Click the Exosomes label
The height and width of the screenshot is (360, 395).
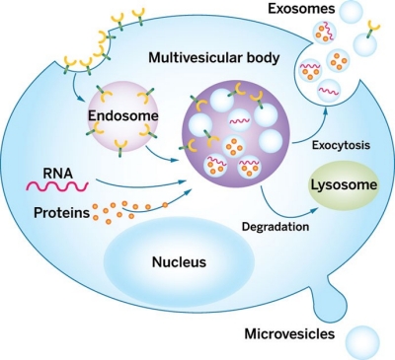301,9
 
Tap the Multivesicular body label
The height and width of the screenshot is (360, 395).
214,58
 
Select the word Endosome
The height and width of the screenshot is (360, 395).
123,115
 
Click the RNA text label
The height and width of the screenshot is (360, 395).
58,173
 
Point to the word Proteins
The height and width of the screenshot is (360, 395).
62,213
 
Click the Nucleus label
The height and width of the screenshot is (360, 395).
179,262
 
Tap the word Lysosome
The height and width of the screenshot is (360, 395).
344,184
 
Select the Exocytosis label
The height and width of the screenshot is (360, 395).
341,145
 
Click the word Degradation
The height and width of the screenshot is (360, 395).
276,227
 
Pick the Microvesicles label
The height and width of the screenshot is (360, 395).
289,334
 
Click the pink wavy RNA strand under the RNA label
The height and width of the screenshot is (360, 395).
57,186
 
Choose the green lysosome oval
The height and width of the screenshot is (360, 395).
343,184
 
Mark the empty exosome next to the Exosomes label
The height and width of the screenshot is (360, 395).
352,11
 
